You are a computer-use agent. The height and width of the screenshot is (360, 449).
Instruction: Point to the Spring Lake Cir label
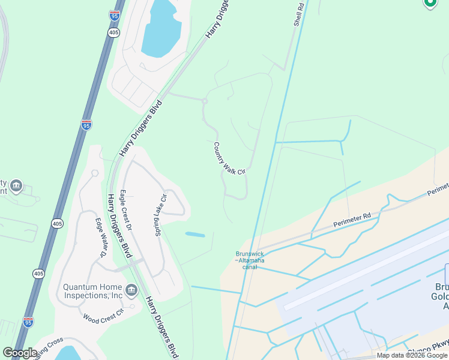point(160,214)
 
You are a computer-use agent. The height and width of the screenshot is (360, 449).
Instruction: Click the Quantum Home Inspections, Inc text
point(93,291)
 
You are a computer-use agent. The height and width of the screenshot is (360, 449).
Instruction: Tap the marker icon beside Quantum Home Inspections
point(132,290)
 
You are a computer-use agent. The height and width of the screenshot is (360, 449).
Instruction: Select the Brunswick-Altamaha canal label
point(250,260)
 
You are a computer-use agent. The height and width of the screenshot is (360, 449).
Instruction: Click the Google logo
point(20,353)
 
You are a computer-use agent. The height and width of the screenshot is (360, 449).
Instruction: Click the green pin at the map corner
point(430,3)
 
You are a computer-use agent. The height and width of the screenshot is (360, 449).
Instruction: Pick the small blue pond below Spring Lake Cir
point(195,234)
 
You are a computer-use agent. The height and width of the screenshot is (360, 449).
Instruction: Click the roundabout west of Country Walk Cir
point(205,101)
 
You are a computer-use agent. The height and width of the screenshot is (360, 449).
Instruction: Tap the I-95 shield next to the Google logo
point(28,322)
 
